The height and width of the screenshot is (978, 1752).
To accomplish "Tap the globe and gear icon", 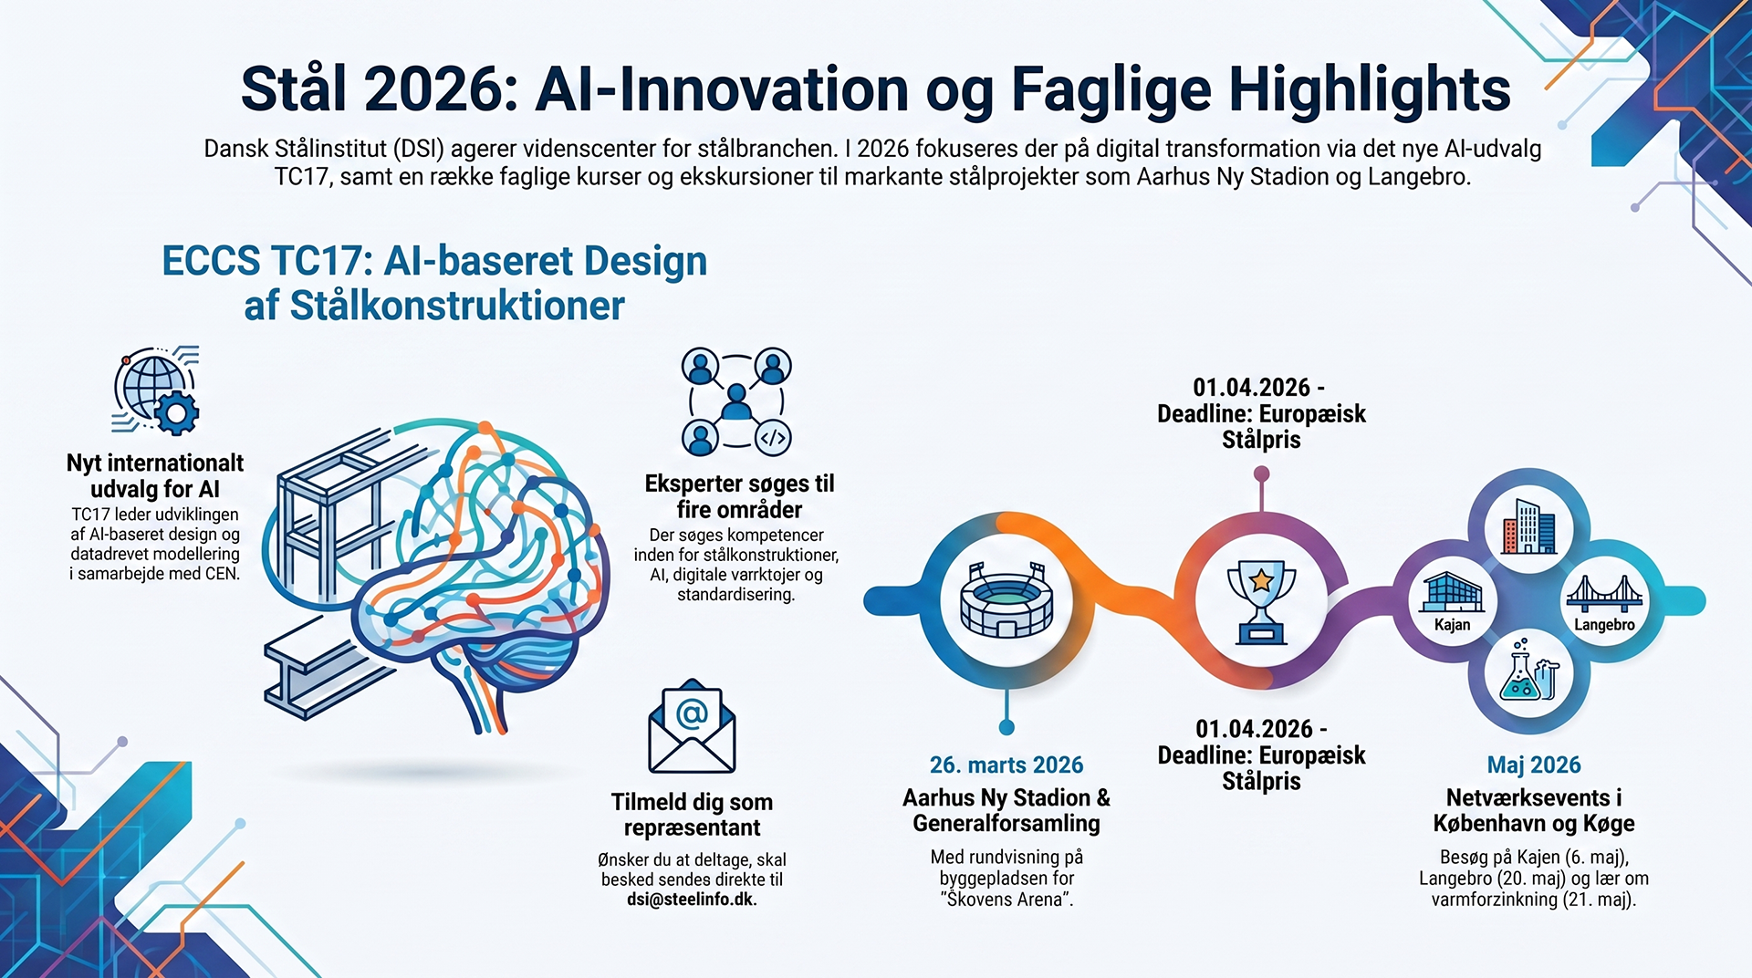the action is click(x=155, y=390).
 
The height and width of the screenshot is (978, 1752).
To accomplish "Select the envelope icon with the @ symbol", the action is click(x=692, y=727).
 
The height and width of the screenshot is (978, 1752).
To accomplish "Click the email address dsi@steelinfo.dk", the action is click(x=692, y=900).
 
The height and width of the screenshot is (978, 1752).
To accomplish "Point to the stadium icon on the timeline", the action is click(x=1006, y=599).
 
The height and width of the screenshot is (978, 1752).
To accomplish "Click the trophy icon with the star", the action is click(x=1261, y=601).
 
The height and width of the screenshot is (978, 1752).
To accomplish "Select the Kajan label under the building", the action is click(x=1452, y=625).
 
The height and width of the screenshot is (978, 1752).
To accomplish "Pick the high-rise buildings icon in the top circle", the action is click(x=1529, y=526).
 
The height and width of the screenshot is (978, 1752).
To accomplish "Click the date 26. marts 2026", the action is click(x=1006, y=765).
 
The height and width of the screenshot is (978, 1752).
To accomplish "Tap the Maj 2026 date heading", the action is click(x=1534, y=765).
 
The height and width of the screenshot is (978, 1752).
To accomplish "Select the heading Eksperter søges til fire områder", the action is click(x=739, y=496).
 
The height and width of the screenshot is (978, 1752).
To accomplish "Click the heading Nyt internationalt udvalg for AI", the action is click(x=155, y=475).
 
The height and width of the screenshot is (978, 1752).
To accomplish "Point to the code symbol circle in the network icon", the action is click(x=773, y=438).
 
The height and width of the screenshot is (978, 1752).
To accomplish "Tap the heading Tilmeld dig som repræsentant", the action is click(x=692, y=815).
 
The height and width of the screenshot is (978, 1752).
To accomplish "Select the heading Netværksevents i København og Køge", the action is click(x=1534, y=810).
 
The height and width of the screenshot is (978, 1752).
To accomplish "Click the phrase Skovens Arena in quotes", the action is click(x=1006, y=900).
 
